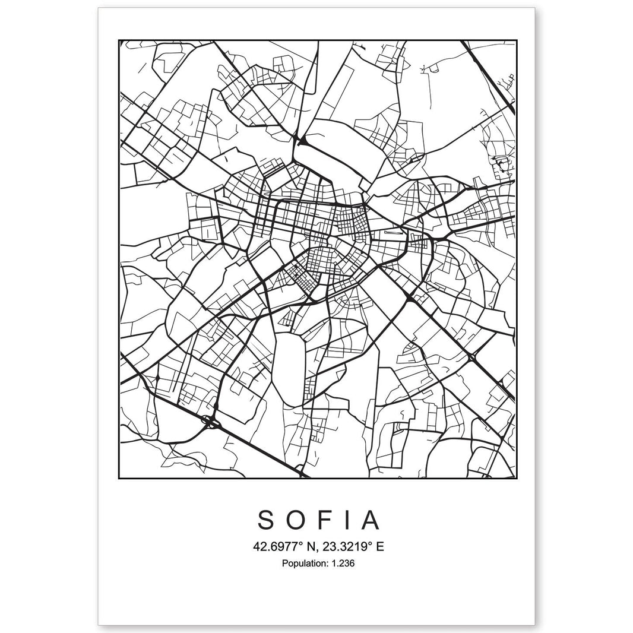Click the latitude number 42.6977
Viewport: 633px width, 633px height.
point(271,546)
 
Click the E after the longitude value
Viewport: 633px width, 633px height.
point(379,546)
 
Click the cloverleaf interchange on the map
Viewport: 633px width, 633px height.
point(210,423)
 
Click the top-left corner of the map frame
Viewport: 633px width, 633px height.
point(119,40)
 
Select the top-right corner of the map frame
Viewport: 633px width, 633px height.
point(515,40)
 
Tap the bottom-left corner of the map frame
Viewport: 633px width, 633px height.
point(119,478)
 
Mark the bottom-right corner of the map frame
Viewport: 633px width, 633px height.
point(515,478)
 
